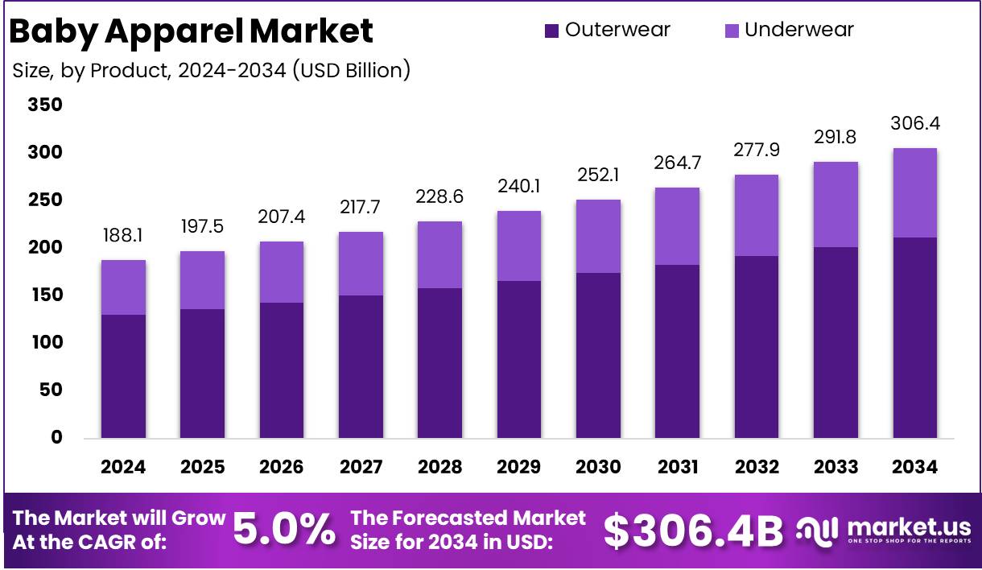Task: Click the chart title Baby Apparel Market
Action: coord(191,31)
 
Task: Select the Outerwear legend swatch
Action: coord(551,31)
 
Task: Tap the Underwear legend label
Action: coord(798,30)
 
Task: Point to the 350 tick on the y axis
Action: coord(45,105)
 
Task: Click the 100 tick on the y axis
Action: coord(45,342)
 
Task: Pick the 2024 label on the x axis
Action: coord(123,467)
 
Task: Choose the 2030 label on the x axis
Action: coord(598,467)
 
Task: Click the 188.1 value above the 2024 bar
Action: coord(123,235)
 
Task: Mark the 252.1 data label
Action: coord(598,175)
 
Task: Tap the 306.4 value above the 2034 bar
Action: coord(915,124)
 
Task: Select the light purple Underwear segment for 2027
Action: coord(361,263)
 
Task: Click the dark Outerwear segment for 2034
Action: coord(915,338)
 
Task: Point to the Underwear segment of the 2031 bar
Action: coord(677,226)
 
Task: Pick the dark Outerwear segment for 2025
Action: coord(202,374)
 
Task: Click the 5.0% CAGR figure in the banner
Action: coord(284,530)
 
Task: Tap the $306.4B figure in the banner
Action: coord(693,531)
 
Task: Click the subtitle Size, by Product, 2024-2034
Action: coord(212,71)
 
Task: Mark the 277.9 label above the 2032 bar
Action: coord(757,151)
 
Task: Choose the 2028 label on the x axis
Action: coord(439,467)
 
